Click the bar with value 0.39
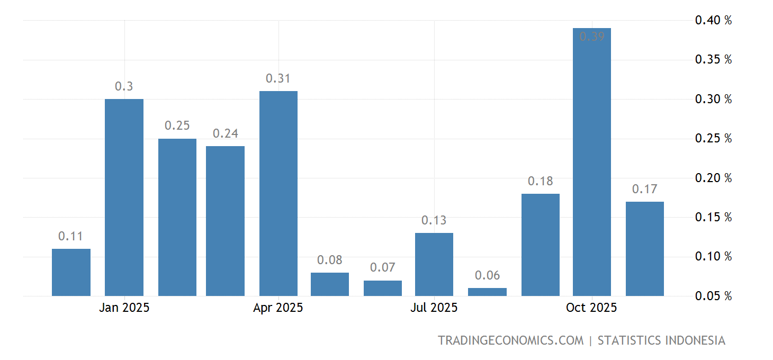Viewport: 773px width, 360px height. tap(592, 164)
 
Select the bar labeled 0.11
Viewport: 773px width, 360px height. tap(71, 272)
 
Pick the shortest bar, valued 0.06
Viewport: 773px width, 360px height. tap(487, 292)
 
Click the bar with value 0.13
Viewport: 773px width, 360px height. tap(434, 264)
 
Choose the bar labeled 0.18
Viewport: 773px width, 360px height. tap(540, 245)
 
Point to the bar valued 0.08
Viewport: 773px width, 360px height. tap(330, 284)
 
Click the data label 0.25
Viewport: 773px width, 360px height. tap(177, 125)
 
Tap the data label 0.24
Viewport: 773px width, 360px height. tap(225, 133)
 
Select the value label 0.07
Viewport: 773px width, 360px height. tap(382, 267)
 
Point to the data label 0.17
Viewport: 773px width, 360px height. tap(644, 189)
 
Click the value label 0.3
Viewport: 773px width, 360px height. tap(124, 86)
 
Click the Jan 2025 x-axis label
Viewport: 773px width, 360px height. tap(124, 308)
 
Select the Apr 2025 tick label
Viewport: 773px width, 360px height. tap(278, 308)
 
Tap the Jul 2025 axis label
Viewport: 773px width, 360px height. tap(434, 308)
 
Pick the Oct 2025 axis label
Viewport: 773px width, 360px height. tap(591, 308)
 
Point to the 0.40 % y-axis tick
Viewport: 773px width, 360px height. tap(713, 21)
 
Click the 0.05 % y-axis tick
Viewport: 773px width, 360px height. tap(713, 296)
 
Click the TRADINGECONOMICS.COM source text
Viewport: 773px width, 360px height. tap(510, 340)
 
